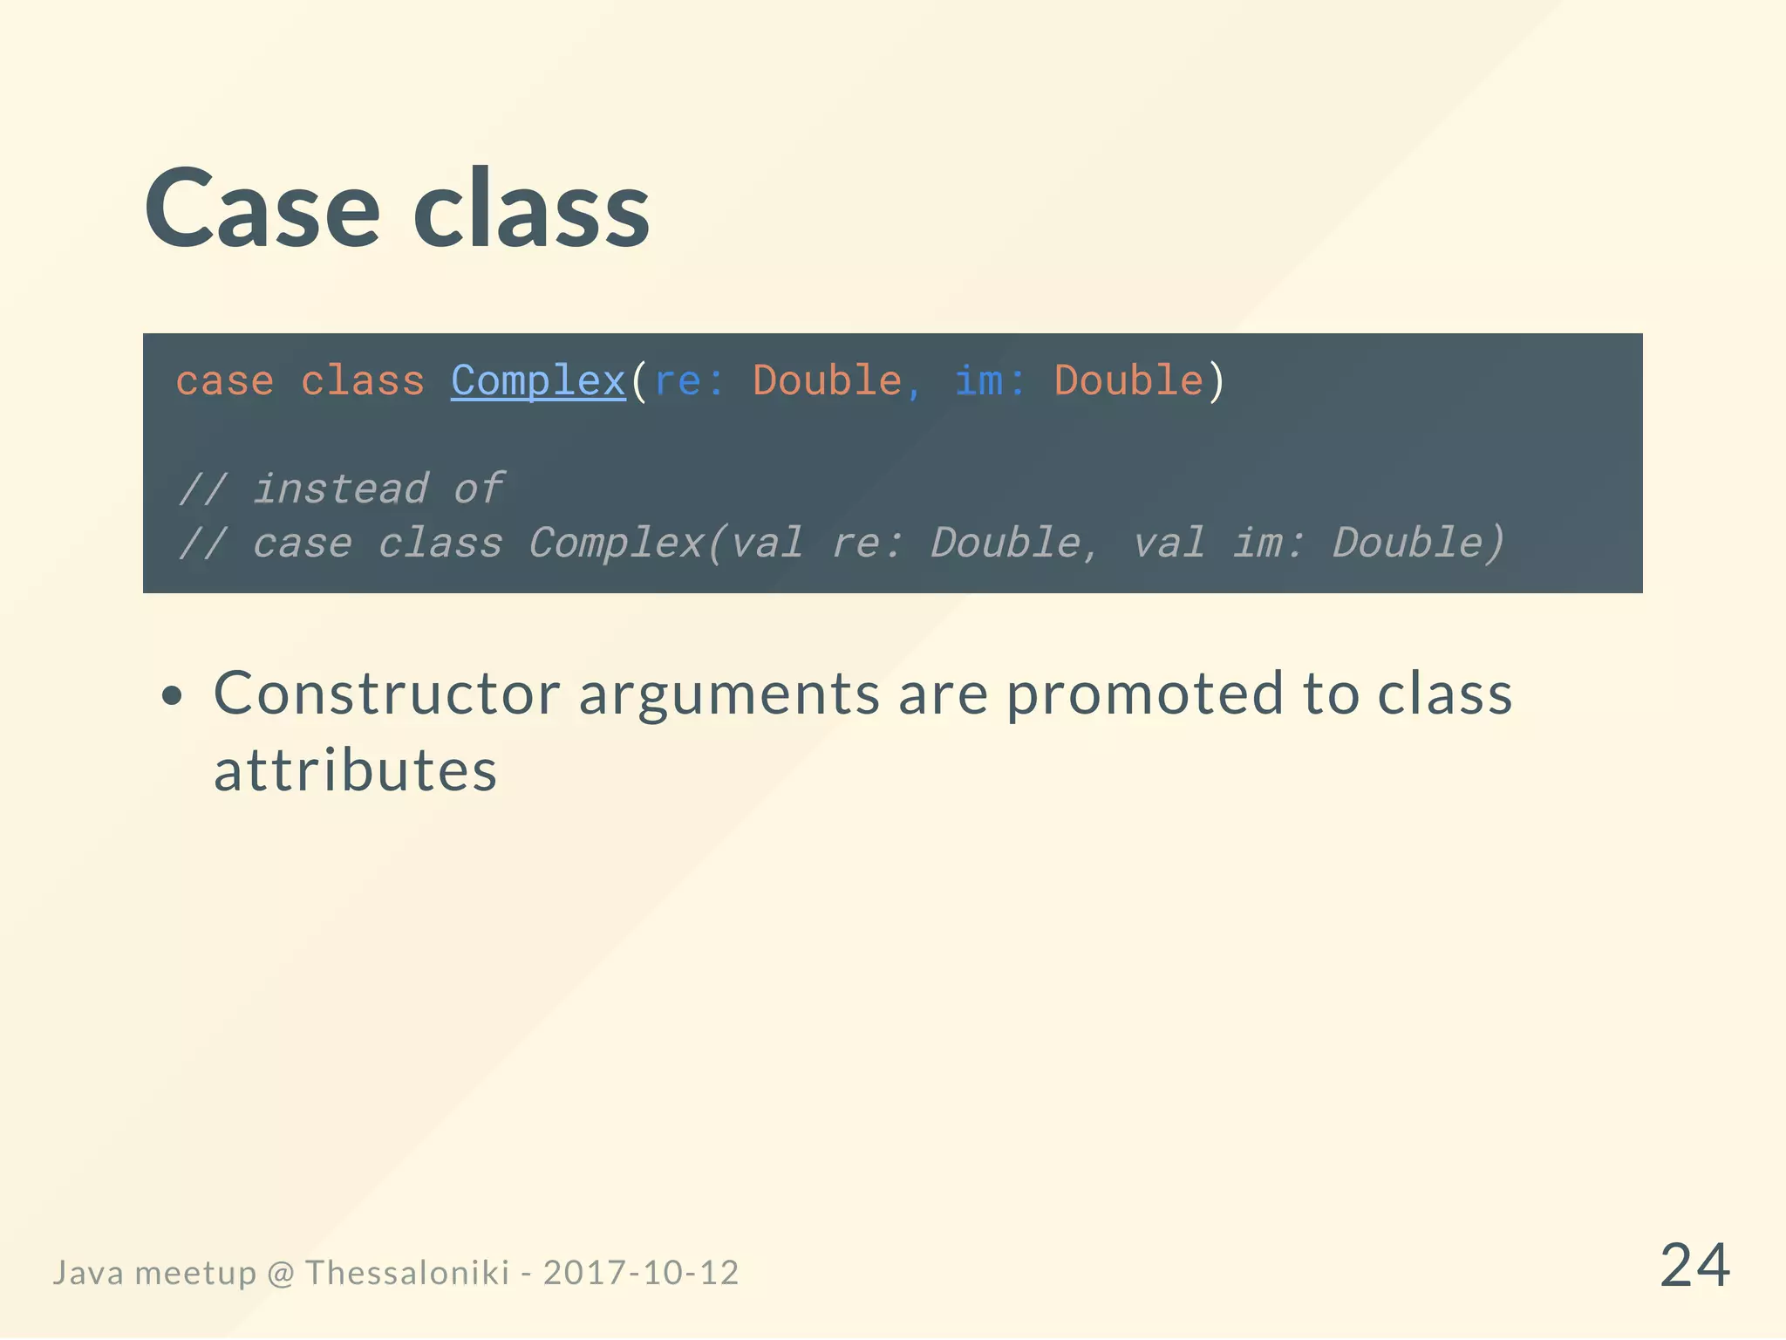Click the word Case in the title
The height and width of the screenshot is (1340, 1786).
[x=262, y=209]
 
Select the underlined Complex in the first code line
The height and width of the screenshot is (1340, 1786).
[x=538, y=381]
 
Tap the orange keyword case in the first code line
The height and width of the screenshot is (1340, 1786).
[x=224, y=381]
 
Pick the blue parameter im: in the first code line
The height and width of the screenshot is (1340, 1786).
[x=989, y=381]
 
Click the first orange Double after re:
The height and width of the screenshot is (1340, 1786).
[x=827, y=381]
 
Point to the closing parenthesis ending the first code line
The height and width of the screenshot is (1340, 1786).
[x=1216, y=381]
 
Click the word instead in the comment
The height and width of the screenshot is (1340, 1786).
[x=341, y=489]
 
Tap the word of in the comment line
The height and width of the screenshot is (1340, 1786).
[x=478, y=489]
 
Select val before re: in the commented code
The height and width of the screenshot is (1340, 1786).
[x=767, y=543]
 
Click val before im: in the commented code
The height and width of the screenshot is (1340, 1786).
[x=1169, y=543]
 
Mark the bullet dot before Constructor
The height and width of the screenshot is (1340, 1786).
[x=173, y=695]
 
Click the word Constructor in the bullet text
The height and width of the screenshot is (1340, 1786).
[x=386, y=694]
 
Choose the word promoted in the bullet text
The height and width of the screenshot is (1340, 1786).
[x=1145, y=694]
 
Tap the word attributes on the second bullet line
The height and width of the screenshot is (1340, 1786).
[x=355, y=771]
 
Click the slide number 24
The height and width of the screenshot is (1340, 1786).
[x=1694, y=1265]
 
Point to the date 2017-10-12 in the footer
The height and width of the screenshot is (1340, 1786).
[x=641, y=1273]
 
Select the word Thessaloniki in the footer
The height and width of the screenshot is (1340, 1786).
[x=406, y=1273]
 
